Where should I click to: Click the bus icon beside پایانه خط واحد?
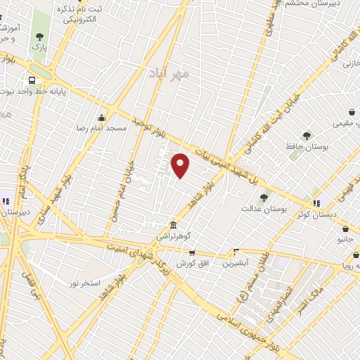click(32, 80)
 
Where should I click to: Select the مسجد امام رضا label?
click(102, 129)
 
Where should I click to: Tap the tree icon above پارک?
click(39, 36)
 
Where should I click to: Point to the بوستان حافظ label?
click(307, 146)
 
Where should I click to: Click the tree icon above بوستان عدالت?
click(264, 198)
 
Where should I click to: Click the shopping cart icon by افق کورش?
click(191, 252)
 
